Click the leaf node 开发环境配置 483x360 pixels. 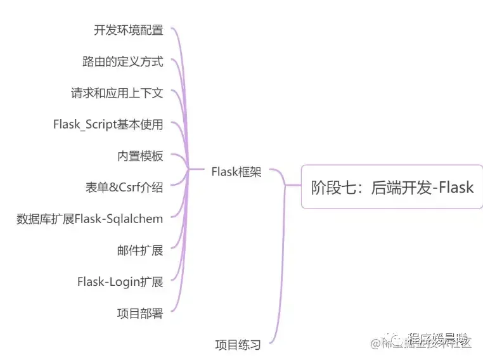coord(128,30)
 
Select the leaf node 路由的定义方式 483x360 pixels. coord(122,61)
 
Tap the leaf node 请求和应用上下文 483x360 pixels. coord(117,93)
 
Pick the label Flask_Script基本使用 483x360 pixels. coord(108,124)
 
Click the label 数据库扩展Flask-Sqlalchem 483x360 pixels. coord(89,219)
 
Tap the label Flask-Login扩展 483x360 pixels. coord(120,281)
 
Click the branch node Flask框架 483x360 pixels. coord(236,172)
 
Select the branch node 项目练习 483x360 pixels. coord(238,345)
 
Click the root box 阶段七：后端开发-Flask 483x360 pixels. coord(392,187)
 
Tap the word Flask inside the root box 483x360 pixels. coord(453,187)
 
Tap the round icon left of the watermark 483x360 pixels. coord(396,343)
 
